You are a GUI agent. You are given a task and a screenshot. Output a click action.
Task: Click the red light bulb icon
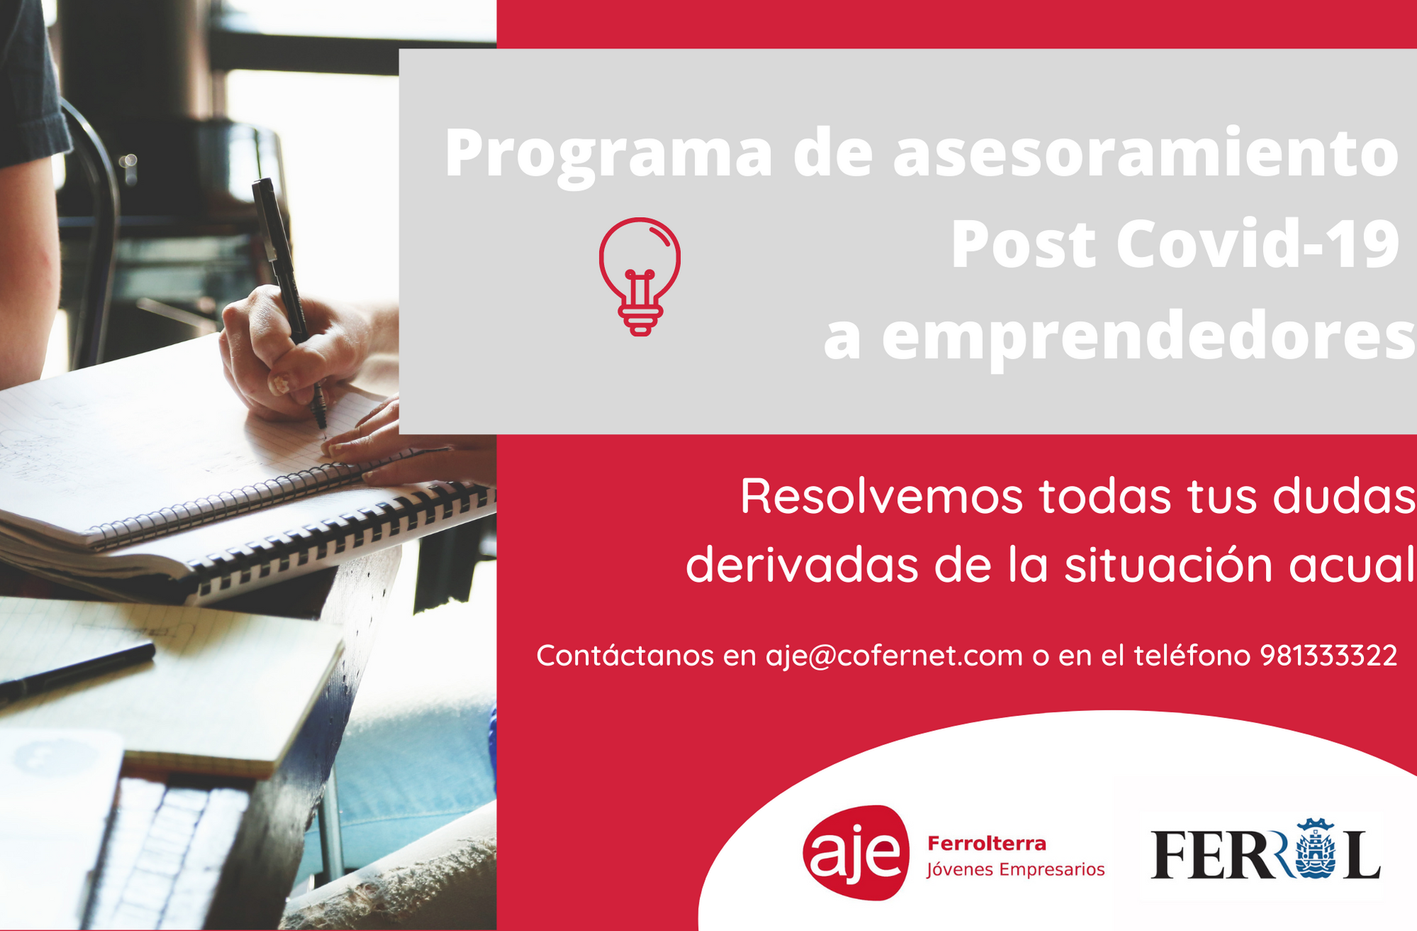(x=640, y=276)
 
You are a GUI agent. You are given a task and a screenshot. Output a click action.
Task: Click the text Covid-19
(x=1257, y=244)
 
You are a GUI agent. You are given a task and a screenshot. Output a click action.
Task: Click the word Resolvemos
(x=882, y=496)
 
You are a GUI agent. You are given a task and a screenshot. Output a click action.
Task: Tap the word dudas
(x=1345, y=496)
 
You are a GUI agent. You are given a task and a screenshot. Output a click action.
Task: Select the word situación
(x=1168, y=565)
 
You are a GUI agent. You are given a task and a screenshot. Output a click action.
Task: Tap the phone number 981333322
(x=1328, y=655)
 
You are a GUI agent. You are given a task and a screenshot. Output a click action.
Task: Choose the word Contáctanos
(x=625, y=655)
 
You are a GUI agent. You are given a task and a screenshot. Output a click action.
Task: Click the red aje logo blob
(x=857, y=853)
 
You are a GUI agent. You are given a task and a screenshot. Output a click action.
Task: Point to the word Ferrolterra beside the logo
(x=987, y=844)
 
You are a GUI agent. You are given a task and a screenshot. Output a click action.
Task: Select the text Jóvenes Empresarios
(x=1016, y=870)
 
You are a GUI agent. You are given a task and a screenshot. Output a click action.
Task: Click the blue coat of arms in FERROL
(x=1316, y=849)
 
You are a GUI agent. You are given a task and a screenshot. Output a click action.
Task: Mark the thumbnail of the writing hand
(x=279, y=384)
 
